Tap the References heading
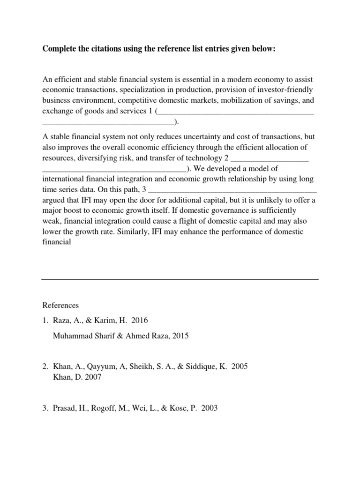pyautogui.click(x=60, y=305)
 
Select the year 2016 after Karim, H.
pyautogui.click(x=140, y=321)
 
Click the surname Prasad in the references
pyautogui.click(x=65, y=408)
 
